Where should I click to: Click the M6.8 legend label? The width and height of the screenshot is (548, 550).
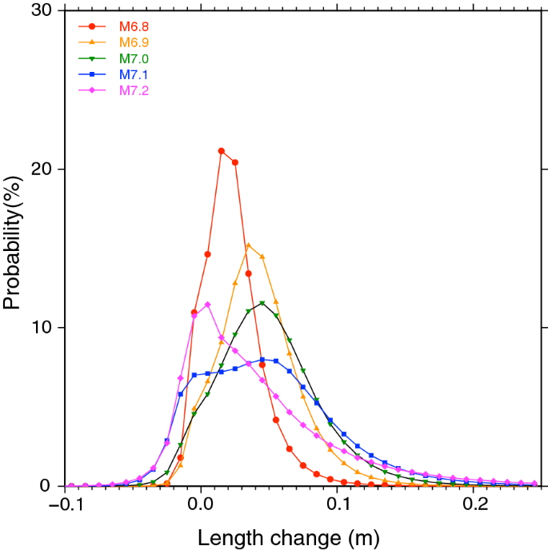(134, 27)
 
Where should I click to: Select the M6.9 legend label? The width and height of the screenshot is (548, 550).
(134, 42)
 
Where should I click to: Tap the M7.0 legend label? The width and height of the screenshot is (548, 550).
(134, 59)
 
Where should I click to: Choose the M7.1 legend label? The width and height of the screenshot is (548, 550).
(134, 75)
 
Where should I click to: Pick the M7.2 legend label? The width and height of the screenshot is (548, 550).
(134, 90)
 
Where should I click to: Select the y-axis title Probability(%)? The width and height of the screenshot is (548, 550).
(14, 248)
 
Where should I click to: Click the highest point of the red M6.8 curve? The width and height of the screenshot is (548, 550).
(222, 151)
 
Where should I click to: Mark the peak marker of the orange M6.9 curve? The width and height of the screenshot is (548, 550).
(248, 245)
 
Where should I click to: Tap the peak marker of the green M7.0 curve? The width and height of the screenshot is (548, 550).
(262, 303)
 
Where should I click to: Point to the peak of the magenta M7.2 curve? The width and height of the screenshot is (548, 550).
(208, 305)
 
